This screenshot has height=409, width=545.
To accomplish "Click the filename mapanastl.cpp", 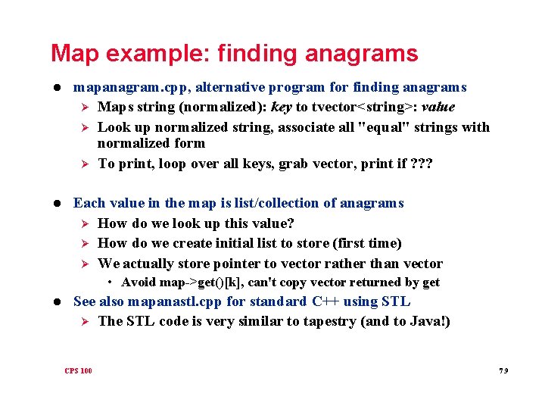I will coord(175,301).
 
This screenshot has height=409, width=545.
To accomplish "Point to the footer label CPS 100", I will coord(78,370).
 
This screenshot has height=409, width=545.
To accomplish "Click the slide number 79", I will coord(503,370).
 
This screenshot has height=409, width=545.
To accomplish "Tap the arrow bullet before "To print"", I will coord(85,164).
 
